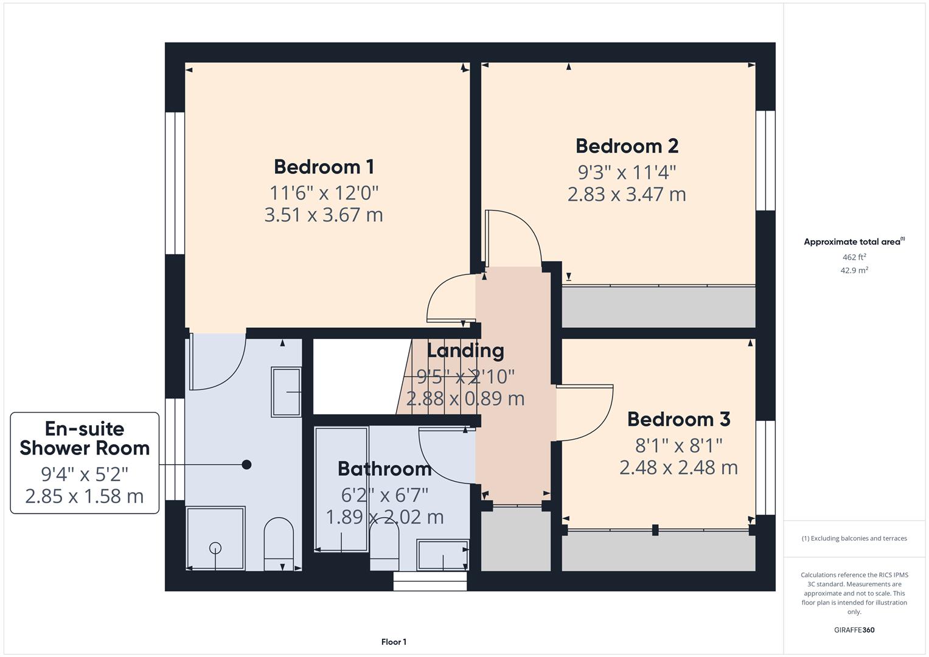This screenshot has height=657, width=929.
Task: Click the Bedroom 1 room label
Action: [324, 167]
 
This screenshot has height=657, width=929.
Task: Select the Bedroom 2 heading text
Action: [627, 146]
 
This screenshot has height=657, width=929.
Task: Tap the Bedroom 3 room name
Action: [678, 419]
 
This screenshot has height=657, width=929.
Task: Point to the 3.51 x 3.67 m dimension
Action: [324, 215]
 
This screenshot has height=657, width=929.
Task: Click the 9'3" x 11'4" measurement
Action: [627, 172]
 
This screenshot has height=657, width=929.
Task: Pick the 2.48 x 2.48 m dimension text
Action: [678, 468]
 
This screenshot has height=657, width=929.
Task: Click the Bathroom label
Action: [384, 468]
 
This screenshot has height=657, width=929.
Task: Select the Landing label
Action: [465, 350]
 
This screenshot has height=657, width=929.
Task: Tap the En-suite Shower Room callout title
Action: [85, 438]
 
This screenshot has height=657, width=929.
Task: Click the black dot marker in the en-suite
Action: [246, 465]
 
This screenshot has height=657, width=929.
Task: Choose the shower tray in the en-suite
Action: [215, 538]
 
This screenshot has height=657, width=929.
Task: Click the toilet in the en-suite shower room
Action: [279, 543]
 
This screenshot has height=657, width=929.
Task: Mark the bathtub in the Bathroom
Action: [341, 489]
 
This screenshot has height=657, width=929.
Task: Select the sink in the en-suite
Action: [286, 392]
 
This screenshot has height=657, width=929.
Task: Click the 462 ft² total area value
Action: [854, 257]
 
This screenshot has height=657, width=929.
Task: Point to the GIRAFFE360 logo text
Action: [854, 630]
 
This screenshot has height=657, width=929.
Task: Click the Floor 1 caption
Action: [394, 642]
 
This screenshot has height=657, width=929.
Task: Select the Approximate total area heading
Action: [853, 242]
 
